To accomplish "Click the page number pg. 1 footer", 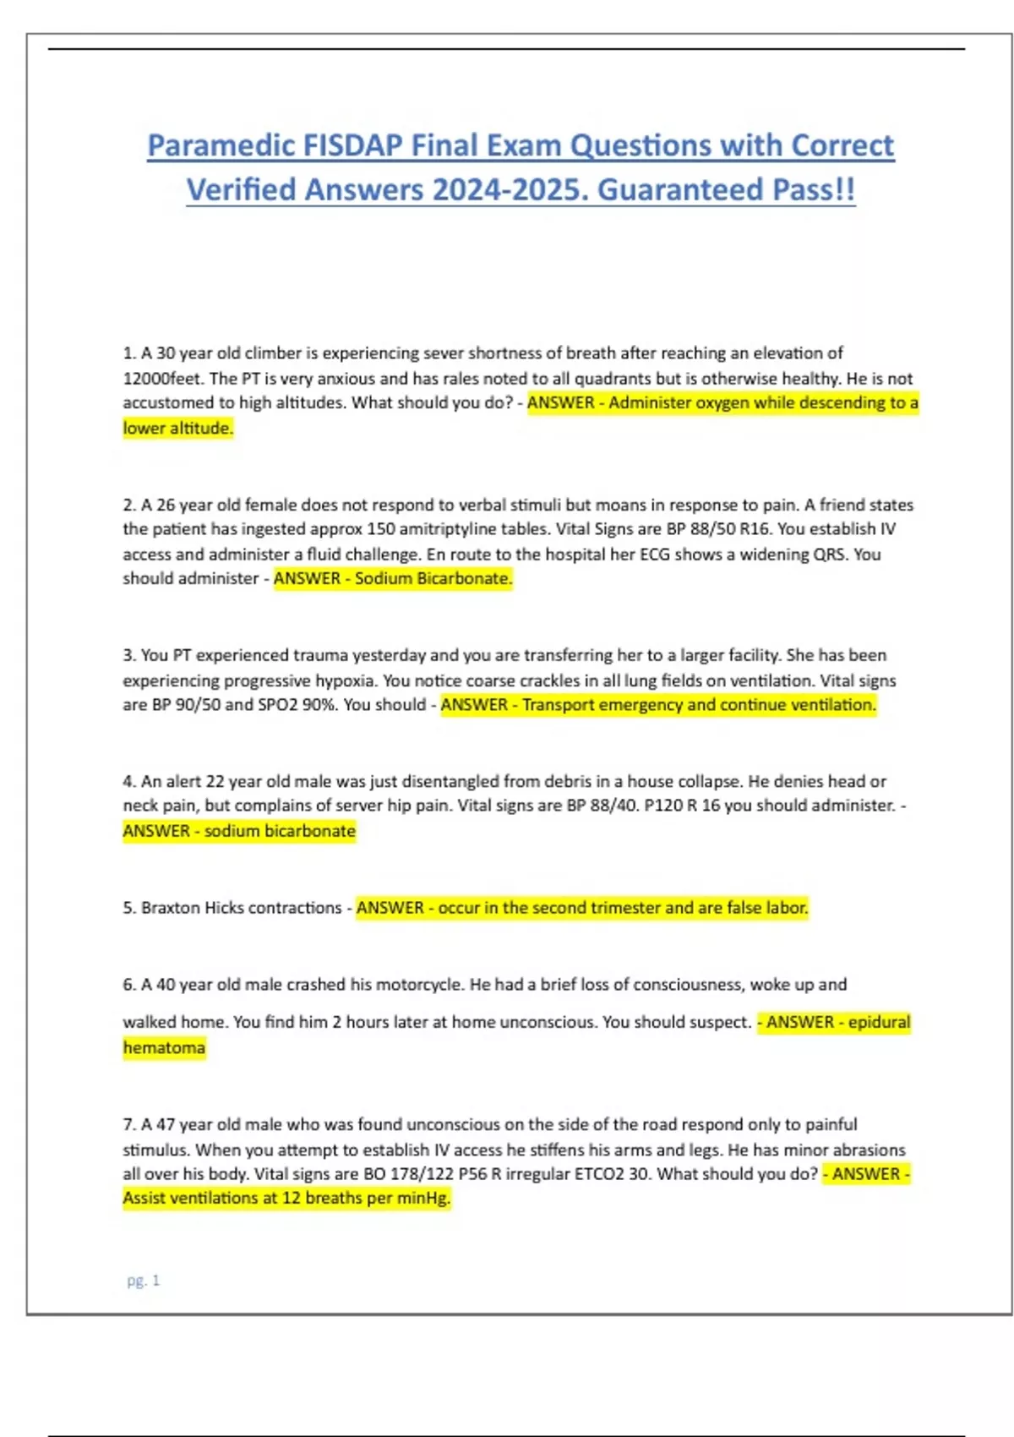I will coord(143,1281).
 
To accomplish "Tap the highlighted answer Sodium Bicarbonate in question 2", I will coord(433,579).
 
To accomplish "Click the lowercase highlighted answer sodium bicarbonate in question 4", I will coord(280,831).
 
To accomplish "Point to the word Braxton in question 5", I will coord(171,908).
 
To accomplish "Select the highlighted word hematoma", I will coord(164,1048).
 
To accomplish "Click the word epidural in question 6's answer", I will coord(879,1023).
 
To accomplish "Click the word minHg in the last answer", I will coord(423,1199).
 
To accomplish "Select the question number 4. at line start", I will coord(129,782).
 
